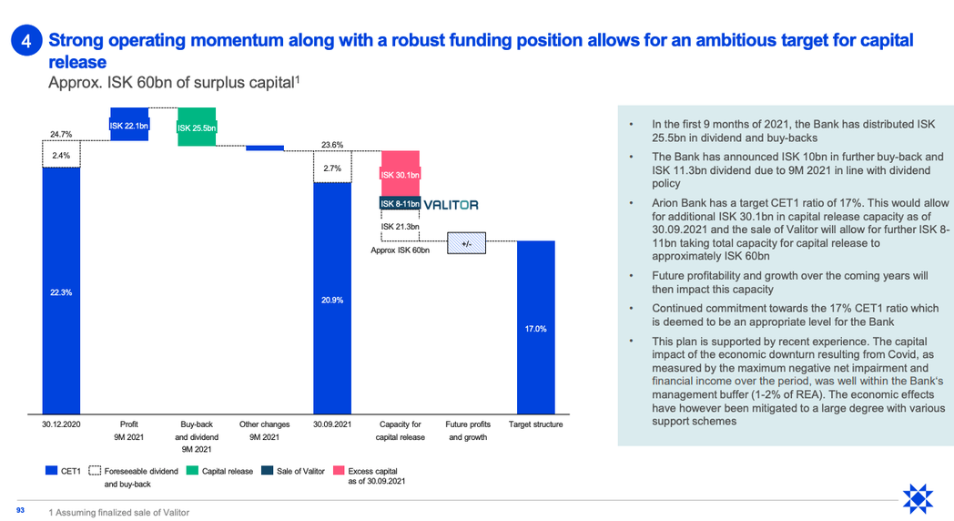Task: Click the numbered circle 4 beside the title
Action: pos(26,41)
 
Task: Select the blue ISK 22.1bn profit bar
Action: pos(129,124)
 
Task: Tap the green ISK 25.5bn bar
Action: pos(197,127)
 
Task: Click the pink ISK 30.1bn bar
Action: pos(401,173)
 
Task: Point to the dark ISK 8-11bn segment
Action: pos(400,203)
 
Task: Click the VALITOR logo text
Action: pos(451,205)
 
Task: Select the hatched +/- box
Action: pos(467,243)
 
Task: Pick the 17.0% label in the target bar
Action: pos(535,329)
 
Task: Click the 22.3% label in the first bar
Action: pos(61,292)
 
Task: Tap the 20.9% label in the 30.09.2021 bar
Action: pos(332,300)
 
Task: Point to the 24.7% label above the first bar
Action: pos(61,134)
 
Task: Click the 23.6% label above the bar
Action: pos(332,145)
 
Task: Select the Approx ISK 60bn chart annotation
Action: pos(400,250)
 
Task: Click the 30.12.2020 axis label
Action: pos(61,424)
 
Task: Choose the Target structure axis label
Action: pos(535,424)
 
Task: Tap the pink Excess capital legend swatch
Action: pos(339,471)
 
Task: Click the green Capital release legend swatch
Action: pos(192,471)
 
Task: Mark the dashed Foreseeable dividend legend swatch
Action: pos(95,471)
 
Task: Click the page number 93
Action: pos(20,510)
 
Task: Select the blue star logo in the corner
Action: pos(918,499)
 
